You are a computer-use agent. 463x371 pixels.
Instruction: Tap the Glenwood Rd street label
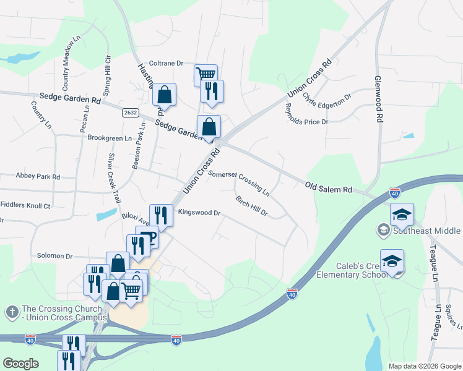pos(378,100)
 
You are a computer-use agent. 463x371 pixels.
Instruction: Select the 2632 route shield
pos(130,113)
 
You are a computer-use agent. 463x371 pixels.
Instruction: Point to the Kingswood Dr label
pos(199,213)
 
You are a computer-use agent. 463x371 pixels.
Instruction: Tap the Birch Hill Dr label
pos(251,206)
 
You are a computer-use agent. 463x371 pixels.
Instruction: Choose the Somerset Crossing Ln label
pos(238,183)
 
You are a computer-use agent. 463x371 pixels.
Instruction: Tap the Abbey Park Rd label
pos(38,177)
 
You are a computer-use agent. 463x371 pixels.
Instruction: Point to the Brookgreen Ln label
pos(110,139)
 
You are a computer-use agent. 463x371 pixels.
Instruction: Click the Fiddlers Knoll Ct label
pos(25,205)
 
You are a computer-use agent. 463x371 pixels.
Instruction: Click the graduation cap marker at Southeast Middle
pos(402,215)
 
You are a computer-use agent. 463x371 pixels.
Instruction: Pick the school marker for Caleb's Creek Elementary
pos(392,261)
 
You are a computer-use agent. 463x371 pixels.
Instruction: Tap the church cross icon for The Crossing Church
pos(12,313)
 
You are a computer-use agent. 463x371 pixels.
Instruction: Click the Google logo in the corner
pos(20,364)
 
